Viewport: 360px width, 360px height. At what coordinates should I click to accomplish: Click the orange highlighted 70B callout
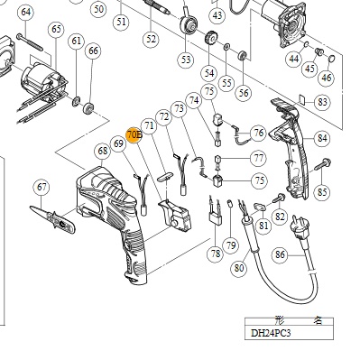pos(134,134)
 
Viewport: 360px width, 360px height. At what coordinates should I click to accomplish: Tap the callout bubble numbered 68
pos(103,151)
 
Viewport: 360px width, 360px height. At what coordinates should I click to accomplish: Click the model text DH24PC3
pos(271,333)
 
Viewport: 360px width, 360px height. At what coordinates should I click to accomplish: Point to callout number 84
pos(322,138)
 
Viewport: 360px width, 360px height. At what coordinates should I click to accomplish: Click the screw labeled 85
pos(323,165)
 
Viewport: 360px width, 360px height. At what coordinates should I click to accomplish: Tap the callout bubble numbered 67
pos(42,187)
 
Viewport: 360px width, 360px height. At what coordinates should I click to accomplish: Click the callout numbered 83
pos(322,102)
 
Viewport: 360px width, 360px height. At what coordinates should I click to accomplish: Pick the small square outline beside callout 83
pos(303,99)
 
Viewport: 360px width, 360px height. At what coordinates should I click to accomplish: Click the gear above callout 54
pos(211,38)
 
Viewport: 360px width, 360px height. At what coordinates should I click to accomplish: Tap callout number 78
pos(216,254)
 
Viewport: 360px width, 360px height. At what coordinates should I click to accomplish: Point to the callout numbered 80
pos(239,267)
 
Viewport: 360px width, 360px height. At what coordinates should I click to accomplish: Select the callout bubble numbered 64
pos(26,13)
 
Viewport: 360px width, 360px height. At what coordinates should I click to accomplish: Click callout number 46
pos(327,78)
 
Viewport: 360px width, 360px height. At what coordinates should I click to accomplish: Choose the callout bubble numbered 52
pos(151,39)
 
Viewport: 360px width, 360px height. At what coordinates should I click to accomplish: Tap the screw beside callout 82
pos(280,198)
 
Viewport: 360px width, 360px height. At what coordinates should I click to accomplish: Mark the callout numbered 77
pos(259,158)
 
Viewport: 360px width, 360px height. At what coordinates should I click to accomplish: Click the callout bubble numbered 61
pos(76,41)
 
